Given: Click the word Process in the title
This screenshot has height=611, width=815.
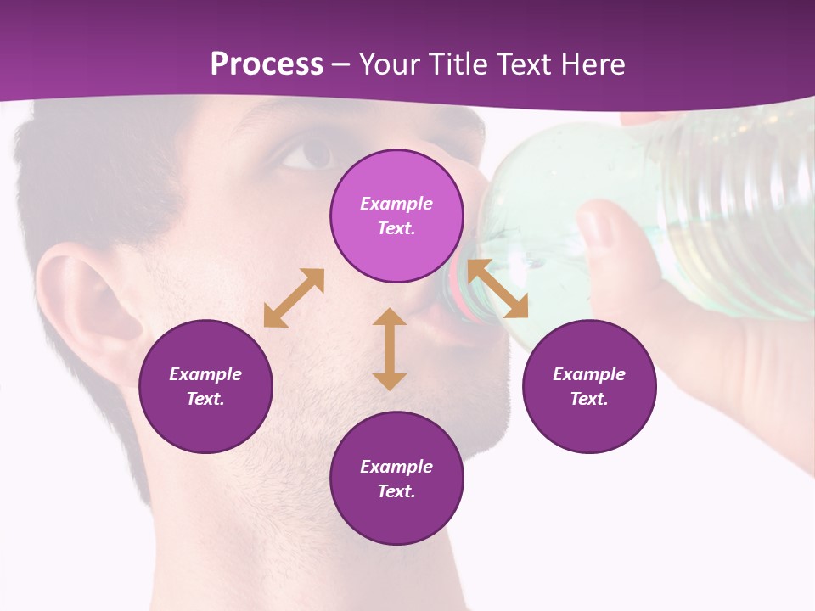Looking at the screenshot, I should coord(267,64).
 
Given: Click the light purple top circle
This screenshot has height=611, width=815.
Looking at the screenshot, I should coord(396,216).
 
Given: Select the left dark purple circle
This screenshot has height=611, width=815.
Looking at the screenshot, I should coord(205,386).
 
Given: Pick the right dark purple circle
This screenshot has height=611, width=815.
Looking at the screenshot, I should coord(588,386).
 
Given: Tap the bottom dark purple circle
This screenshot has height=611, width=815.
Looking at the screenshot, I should coord(396,479).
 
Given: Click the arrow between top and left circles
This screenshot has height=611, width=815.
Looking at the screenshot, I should coord(294,298).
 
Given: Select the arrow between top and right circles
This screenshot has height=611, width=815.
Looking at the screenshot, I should coord(498,289).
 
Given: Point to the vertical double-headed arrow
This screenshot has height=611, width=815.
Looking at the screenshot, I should coord(390,349).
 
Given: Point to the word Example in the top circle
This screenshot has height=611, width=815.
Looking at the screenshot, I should coord(396,204).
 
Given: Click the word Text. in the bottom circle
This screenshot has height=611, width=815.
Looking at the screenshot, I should coord(396,491).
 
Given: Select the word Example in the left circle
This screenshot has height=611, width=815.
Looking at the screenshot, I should coord(205,374).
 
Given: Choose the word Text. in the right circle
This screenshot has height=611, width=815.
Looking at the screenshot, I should coord(588,399).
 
